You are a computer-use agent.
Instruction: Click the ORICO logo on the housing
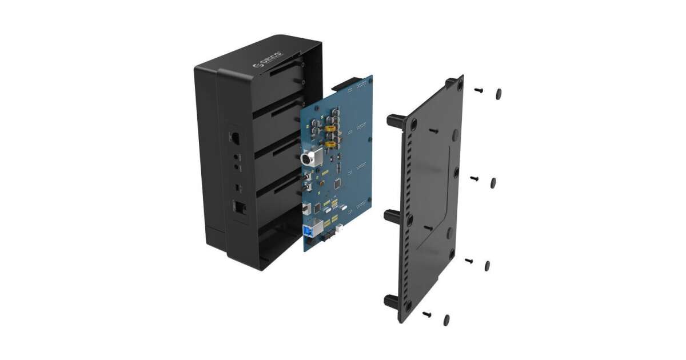coord(268,59)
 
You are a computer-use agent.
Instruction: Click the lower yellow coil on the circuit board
coord(330,144)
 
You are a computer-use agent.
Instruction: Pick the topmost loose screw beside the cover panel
coord(478,90)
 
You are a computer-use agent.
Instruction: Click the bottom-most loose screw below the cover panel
coord(426,314)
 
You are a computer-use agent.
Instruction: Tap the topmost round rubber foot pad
coord(499,94)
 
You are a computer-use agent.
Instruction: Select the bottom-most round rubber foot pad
coord(446,320)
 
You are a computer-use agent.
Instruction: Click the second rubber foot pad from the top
coord(493,183)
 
